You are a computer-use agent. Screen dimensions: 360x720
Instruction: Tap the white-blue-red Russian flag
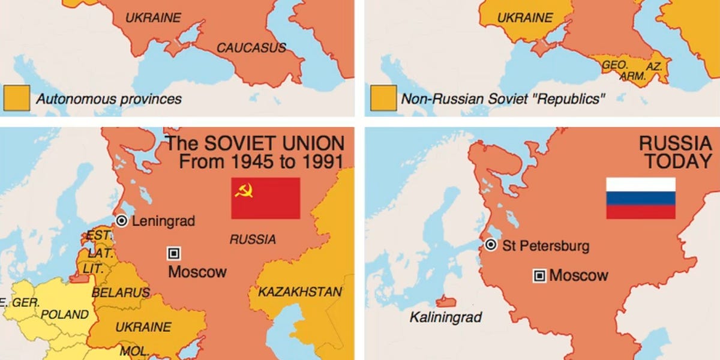[x=640, y=198]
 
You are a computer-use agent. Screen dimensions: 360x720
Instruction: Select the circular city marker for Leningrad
[x=122, y=221]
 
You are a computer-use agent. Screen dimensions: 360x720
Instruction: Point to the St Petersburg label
[x=545, y=245]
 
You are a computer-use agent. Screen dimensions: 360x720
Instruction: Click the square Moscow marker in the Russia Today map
[x=539, y=275]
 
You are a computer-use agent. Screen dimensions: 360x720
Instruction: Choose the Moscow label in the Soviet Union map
[x=197, y=272]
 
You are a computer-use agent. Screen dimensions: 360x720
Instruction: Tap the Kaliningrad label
[x=445, y=317]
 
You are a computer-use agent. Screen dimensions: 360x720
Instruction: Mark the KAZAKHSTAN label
[x=300, y=292]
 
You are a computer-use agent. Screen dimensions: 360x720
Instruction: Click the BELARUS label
[x=121, y=293]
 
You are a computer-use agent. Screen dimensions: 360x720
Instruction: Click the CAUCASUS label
[x=251, y=47]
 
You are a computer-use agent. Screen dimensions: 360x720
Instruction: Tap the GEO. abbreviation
[x=614, y=64]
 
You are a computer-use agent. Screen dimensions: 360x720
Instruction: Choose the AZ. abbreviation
[x=654, y=66]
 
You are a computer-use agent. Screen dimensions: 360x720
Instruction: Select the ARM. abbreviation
[x=632, y=76]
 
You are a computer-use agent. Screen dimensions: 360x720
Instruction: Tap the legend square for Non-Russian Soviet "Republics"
[x=383, y=98]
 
